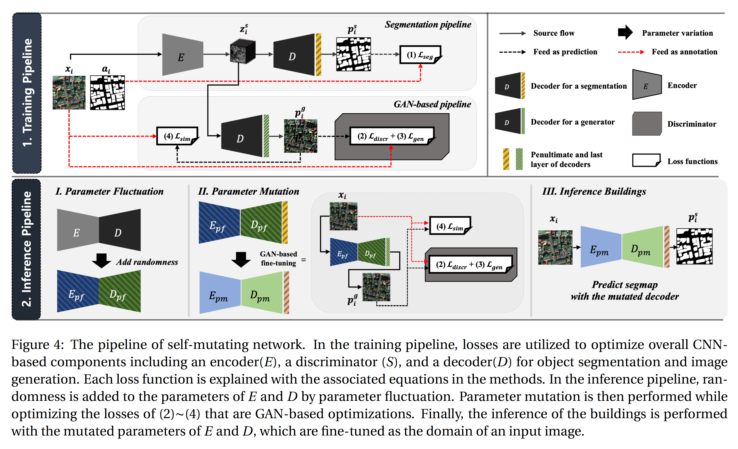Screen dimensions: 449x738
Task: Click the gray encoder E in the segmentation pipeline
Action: (x=182, y=55)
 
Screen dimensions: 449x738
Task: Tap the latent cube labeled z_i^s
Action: (x=242, y=53)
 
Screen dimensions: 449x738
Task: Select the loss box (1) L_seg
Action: (x=420, y=55)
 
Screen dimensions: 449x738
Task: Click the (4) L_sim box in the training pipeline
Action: (x=177, y=136)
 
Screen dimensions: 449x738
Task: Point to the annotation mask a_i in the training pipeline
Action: (x=107, y=92)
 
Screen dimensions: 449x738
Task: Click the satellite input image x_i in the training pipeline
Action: (x=69, y=92)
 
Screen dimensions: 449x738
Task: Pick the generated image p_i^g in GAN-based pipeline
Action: (x=300, y=136)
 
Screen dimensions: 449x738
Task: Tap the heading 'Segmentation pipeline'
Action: (x=428, y=25)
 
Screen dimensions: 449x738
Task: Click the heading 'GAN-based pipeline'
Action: (x=432, y=104)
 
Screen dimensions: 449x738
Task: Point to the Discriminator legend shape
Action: (x=647, y=124)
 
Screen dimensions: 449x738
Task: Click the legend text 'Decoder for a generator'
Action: (x=572, y=122)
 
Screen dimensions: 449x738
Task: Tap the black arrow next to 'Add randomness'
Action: (x=101, y=260)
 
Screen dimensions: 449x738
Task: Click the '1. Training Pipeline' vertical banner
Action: (x=27, y=93)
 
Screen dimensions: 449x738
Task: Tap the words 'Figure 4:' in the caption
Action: (x=37, y=345)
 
